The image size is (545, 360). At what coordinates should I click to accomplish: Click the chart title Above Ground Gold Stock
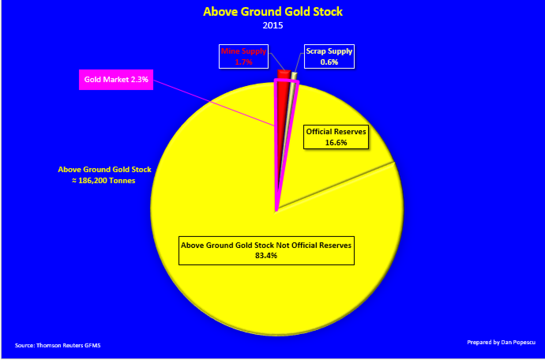[x=272, y=11]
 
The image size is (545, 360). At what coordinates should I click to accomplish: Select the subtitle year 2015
[x=272, y=25]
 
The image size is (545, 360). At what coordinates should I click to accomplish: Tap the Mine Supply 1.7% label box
[x=243, y=56]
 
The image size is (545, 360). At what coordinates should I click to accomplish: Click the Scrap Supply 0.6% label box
[x=329, y=56]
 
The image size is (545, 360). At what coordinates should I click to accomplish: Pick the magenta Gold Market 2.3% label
[x=116, y=80]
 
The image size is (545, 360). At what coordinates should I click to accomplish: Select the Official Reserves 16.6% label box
[x=336, y=137]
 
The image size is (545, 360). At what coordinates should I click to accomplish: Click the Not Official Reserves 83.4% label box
[x=266, y=250]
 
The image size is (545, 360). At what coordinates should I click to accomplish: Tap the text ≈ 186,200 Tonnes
[x=105, y=181]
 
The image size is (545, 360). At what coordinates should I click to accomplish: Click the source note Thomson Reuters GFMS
[x=58, y=345]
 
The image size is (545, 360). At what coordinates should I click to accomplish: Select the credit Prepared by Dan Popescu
[x=501, y=342]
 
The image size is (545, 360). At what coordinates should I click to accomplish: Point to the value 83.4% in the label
[x=266, y=255]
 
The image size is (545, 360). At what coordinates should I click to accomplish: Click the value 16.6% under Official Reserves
[x=336, y=142]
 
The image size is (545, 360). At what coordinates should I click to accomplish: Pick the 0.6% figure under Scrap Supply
[x=329, y=62]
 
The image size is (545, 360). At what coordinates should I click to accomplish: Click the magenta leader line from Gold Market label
[x=213, y=102]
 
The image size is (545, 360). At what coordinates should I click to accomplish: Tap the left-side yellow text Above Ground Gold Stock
[x=105, y=170]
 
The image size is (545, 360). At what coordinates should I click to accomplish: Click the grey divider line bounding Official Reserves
[x=336, y=186]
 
